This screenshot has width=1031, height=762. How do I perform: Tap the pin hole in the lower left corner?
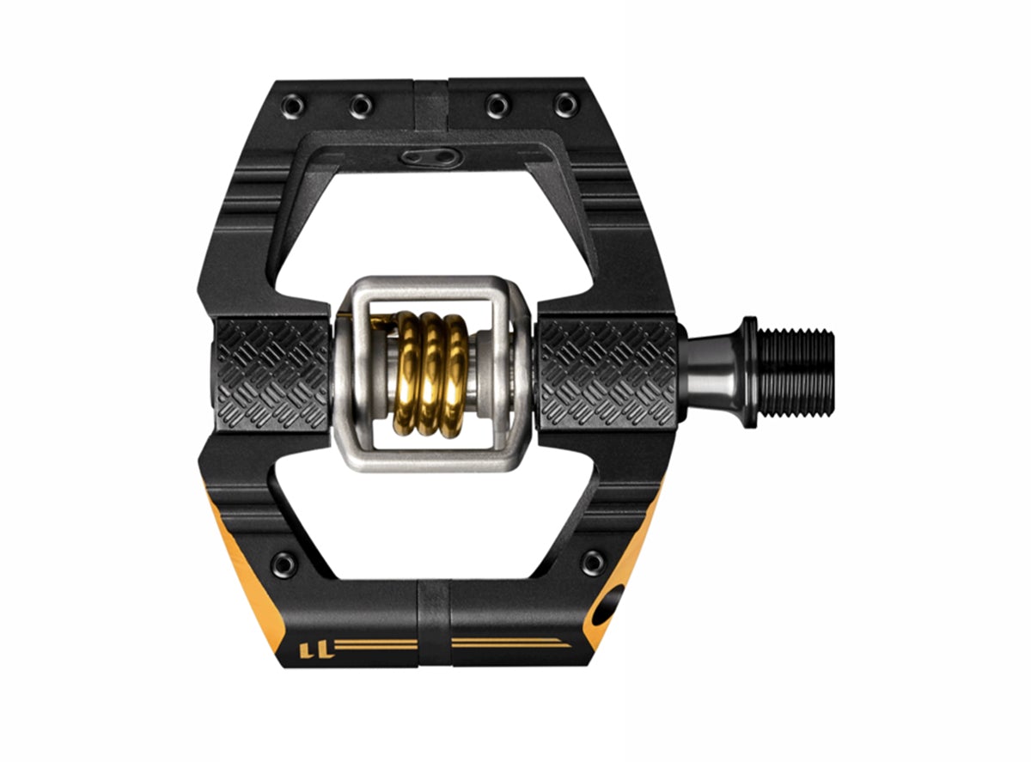[x=283, y=564]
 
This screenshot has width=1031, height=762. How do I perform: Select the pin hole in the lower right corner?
[x=593, y=564]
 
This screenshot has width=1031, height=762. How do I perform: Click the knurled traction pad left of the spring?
[x=271, y=374]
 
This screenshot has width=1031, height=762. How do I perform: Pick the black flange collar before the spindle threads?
[x=748, y=371]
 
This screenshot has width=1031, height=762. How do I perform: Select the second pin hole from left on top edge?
[x=361, y=107]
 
